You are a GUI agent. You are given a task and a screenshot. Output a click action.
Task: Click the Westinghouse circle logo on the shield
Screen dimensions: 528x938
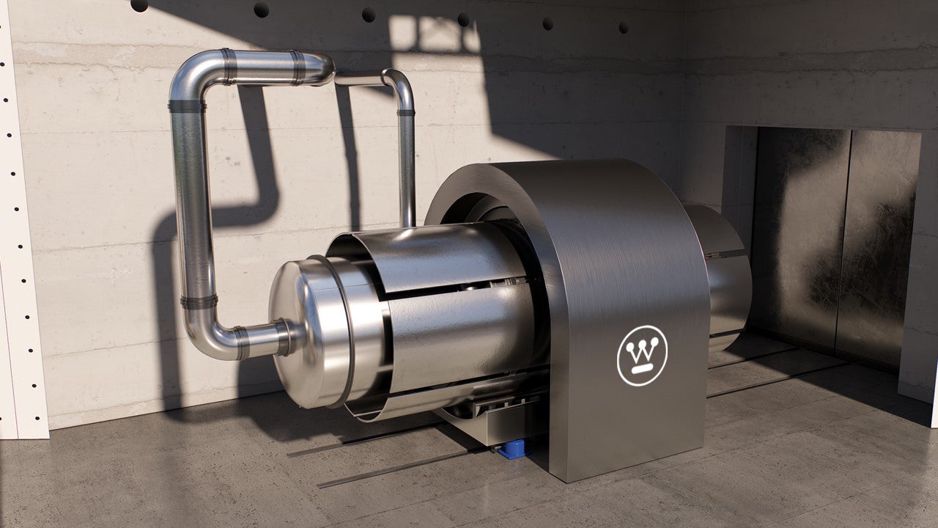click(x=642, y=355)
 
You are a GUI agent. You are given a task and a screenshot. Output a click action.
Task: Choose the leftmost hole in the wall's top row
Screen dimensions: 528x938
click(x=139, y=5)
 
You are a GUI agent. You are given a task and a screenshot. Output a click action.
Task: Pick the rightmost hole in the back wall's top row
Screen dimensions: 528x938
click(x=623, y=27)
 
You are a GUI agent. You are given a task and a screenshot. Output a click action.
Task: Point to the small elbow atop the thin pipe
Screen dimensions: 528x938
click(x=396, y=81)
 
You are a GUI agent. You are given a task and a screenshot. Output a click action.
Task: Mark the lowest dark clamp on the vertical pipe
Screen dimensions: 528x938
click(x=199, y=301)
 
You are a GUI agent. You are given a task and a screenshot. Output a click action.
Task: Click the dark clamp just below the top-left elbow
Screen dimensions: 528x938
click(x=188, y=106)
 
